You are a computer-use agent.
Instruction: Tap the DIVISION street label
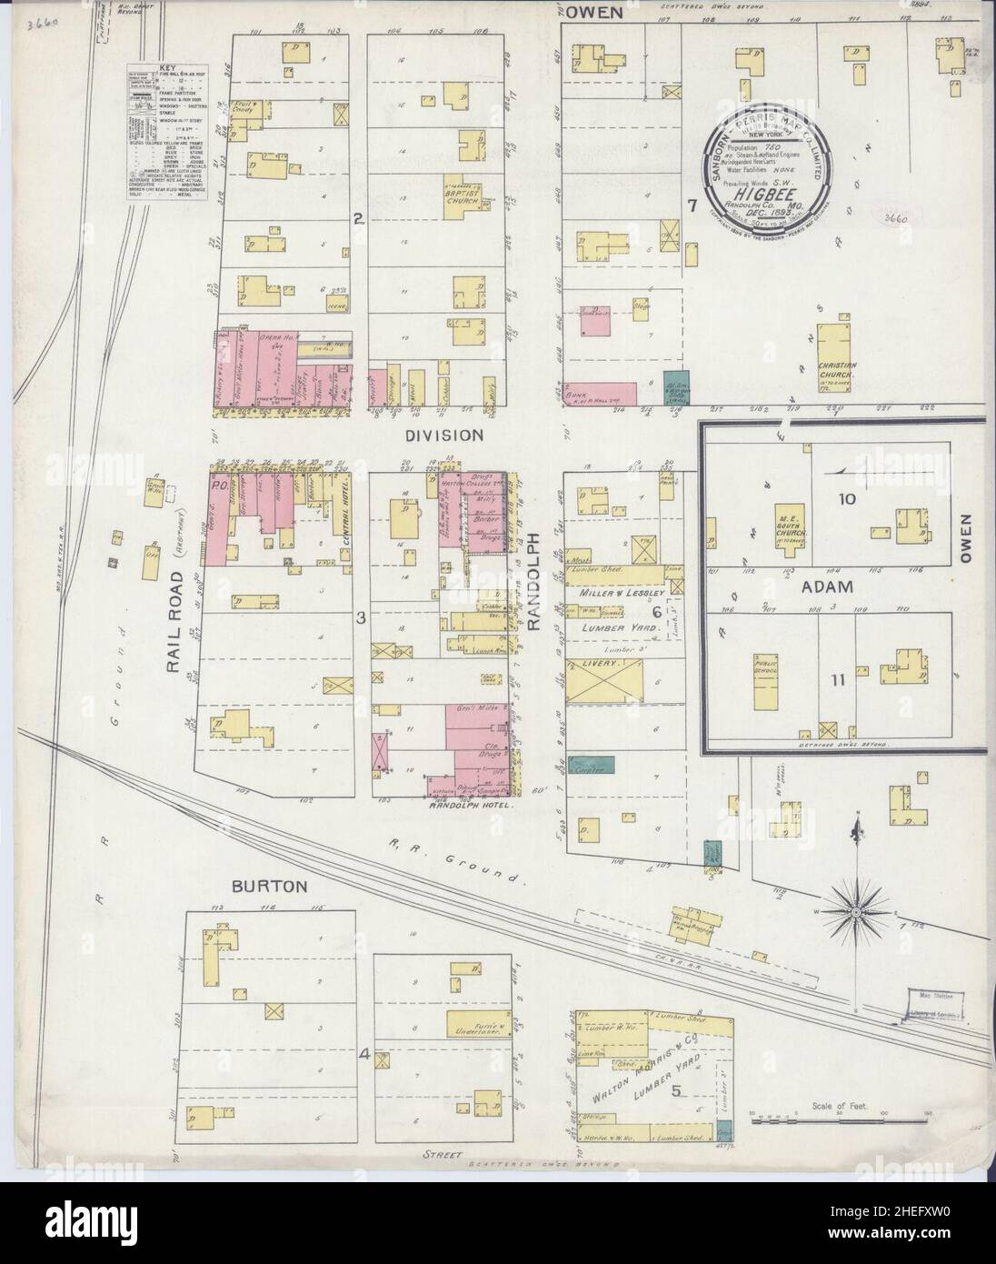443,436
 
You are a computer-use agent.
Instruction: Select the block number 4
364,1055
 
